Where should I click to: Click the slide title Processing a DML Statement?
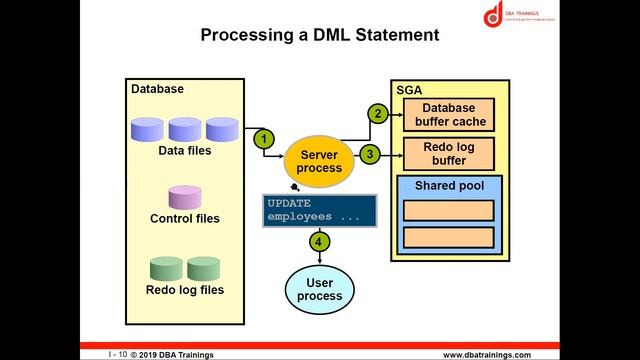click(x=320, y=35)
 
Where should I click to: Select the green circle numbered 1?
click(x=263, y=137)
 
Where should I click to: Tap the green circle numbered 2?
click(x=377, y=113)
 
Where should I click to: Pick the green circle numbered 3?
click(x=370, y=154)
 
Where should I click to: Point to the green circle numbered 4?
click(x=319, y=241)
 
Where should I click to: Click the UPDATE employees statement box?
click(x=319, y=210)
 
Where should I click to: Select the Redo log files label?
click(x=185, y=290)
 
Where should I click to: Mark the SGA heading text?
click(x=408, y=90)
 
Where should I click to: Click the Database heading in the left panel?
click(x=158, y=89)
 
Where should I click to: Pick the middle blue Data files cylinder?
click(x=185, y=129)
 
